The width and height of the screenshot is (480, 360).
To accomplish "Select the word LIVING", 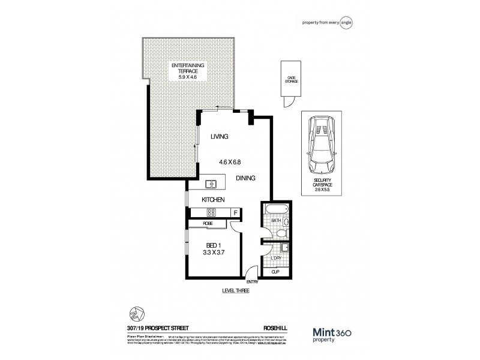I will coord(219,137).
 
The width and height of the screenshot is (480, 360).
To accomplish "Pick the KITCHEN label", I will coord(213,199).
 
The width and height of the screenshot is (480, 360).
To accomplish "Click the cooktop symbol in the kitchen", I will coord(211,212).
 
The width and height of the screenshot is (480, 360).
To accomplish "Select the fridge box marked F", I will coord(235,212).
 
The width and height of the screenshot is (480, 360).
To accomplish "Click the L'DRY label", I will coord(276,259).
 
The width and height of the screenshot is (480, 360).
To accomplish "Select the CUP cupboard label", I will coord(276,272).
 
